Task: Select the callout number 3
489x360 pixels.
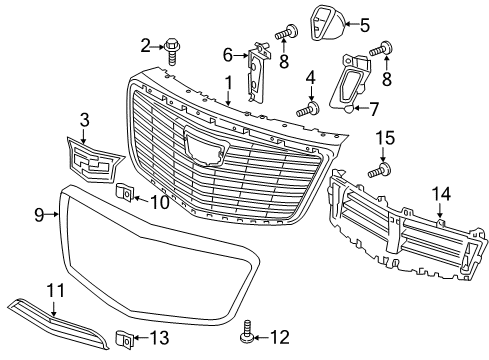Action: pyautogui.click(x=84, y=121)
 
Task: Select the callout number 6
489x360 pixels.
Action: pyautogui.click(x=228, y=53)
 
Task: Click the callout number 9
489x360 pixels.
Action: pyautogui.click(x=39, y=213)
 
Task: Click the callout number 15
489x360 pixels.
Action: pyautogui.click(x=384, y=136)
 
